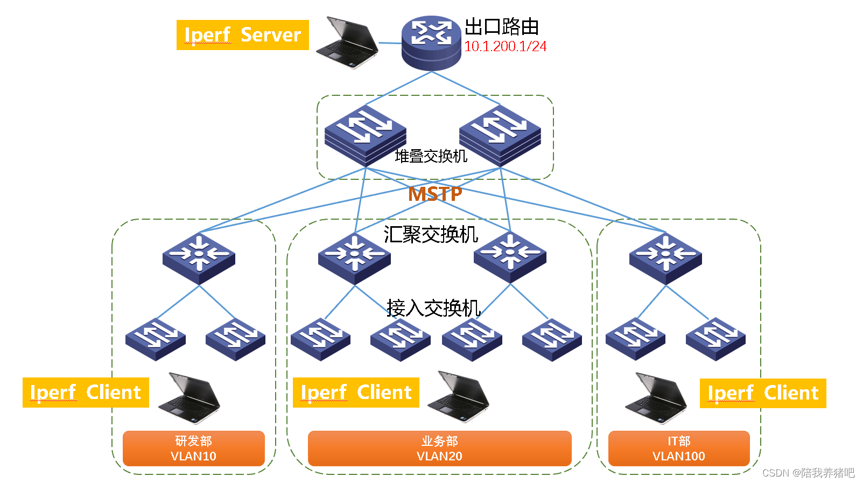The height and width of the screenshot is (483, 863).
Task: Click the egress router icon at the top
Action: (431, 43)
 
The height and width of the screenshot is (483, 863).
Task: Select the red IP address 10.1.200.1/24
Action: (505, 47)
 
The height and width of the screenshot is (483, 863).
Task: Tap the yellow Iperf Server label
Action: (242, 35)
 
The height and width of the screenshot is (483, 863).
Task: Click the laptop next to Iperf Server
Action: (347, 43)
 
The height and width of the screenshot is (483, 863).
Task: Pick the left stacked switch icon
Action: (365, 135)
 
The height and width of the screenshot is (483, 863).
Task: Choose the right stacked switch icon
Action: (500, 135)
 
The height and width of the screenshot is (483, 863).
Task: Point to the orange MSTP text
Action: (435, 194)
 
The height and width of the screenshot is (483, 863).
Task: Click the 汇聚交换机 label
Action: (431, 235)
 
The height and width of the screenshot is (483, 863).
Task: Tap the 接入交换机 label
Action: (433, 308)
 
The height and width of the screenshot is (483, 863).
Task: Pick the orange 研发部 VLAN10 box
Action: (194, 448)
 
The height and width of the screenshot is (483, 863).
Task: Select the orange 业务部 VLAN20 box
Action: (439, 448)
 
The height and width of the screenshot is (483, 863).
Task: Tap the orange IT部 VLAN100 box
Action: (679, 448)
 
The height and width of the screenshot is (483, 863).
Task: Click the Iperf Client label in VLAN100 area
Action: (762, 393)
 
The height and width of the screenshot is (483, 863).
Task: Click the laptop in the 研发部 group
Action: (190, 397)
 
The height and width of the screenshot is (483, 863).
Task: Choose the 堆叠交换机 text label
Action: (431, 156)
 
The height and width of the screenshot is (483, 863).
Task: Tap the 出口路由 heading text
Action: (502, 26)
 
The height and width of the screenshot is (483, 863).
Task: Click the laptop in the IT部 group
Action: (656, 398)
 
